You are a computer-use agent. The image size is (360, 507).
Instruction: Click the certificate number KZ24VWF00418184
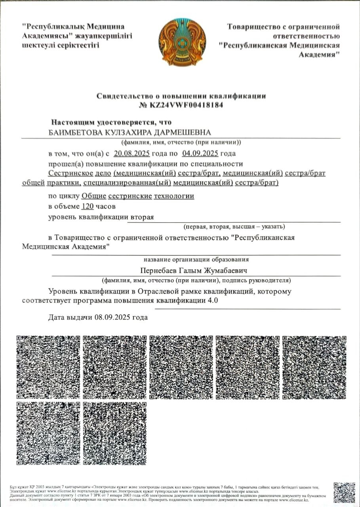(x=187, y=105)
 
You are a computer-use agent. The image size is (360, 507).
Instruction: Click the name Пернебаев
(x=158, y=270)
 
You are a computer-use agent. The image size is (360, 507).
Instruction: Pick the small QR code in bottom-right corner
(x=344, y=492)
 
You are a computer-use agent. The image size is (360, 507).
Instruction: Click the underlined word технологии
(x=175, y=196)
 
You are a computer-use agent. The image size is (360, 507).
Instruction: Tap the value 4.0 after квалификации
(x=213, y=300)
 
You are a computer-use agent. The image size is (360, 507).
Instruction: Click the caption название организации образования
(x=196, y=259)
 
